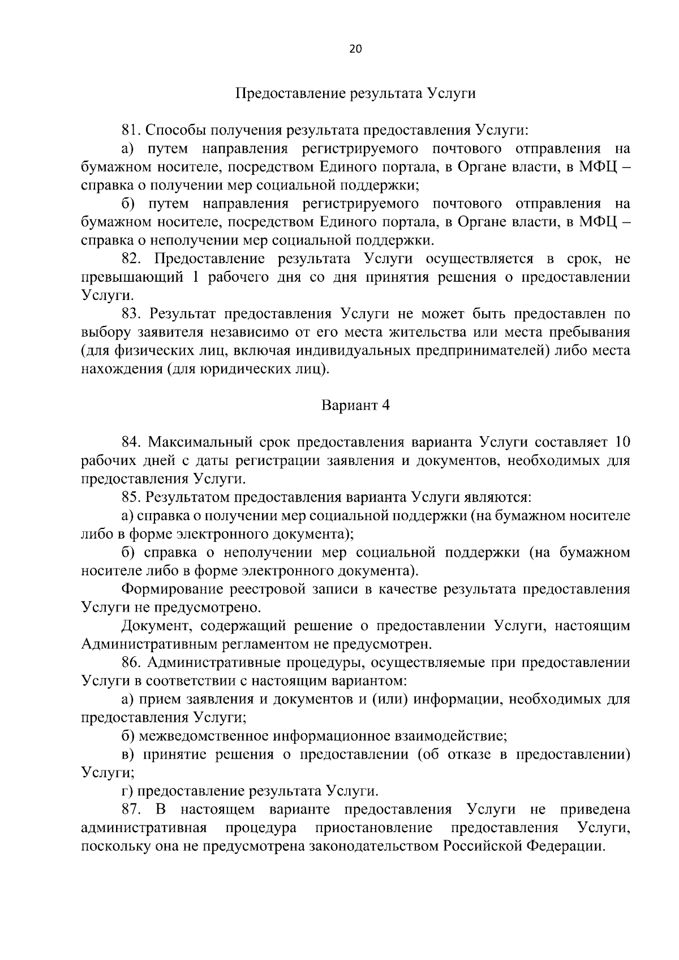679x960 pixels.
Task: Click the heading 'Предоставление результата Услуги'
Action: coord(355,93)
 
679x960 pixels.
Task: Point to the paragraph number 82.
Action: coord(131,259)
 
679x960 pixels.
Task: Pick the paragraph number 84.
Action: coord(131,442)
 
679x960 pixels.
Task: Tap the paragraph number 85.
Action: coord(131,497)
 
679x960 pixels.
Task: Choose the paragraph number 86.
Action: coord(131,662)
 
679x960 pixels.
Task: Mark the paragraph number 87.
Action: coord(131,810)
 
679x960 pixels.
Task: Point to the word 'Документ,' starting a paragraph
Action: coord(155,626)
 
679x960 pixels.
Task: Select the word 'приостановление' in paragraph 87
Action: coord(373,828)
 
